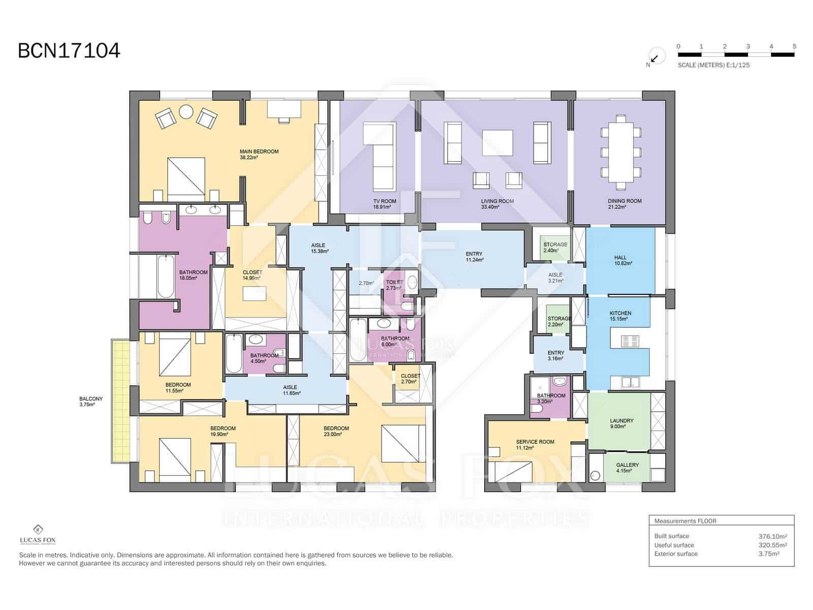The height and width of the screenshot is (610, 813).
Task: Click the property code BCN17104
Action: point(69,51)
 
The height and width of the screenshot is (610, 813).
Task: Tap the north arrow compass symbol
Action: point(656,57)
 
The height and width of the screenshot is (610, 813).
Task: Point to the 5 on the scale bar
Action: point(794,46)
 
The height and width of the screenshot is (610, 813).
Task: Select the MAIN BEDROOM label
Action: point(259,151)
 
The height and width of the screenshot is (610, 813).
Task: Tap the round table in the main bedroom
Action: point(186,111)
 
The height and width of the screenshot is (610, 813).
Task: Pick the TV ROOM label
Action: point(385,201)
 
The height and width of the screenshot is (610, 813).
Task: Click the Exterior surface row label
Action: point(676,554)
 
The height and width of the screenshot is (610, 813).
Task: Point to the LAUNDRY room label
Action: point(621,421)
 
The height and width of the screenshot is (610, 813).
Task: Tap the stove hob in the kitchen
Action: point(630,341)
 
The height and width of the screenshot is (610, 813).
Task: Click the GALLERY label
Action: point(628,465)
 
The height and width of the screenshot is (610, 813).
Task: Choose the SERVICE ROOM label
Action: point(535,442)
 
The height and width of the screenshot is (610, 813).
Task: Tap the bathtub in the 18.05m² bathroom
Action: point(166,277)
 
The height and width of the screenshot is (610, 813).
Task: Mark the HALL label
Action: point(620,258)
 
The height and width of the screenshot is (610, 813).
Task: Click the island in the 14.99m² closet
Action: point(255,294)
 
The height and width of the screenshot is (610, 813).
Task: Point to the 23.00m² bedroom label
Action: point(336,429)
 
